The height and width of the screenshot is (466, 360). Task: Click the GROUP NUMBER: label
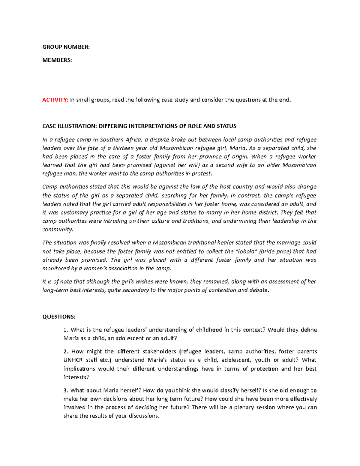click(x=66, y=47)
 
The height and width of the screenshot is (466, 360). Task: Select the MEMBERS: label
click(x=57, y=60)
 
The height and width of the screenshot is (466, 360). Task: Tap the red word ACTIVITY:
click(x=55, y=100)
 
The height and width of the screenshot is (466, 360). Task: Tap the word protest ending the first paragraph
click(x=202, y=173)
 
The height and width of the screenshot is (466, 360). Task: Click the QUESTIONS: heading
click(x=59, y=317)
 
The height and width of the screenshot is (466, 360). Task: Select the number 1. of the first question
click(x=66, y=330)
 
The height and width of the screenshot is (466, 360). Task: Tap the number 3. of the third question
click(x=66, y=390)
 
